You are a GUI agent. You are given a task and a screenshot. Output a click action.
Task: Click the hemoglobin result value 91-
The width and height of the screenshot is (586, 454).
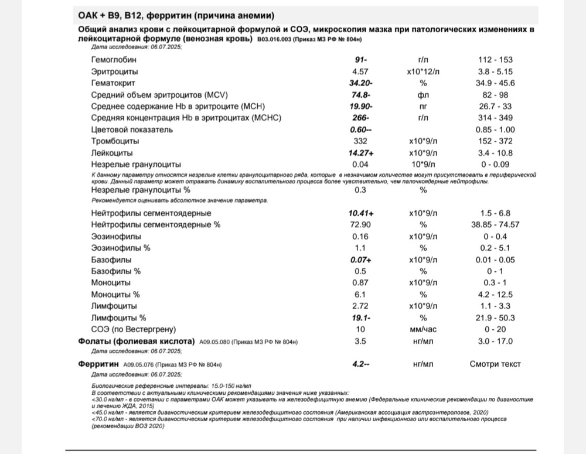[358, 60]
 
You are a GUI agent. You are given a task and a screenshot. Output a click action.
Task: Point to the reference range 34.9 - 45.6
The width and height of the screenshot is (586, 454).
[495, 83]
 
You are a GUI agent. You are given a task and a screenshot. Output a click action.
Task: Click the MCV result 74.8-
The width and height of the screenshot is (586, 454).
[358, 94]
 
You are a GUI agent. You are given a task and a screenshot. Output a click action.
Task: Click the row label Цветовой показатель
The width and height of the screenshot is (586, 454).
[132, 129]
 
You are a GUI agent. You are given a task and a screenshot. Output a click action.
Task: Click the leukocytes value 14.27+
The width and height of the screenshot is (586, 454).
[358, 153]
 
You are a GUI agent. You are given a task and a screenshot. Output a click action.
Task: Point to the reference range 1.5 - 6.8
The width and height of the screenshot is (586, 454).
[495, 213]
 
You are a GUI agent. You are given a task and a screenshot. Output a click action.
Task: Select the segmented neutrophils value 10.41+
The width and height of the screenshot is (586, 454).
[358, 213]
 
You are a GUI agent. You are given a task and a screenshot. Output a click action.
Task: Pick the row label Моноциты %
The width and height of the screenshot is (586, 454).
[116, 295]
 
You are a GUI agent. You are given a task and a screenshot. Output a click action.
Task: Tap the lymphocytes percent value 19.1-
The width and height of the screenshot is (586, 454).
[358, 318]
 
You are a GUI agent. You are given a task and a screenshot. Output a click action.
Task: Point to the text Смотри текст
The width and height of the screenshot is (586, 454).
[495, 364]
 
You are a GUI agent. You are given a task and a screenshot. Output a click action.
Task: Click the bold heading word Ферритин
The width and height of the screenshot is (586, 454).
[95, 364]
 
